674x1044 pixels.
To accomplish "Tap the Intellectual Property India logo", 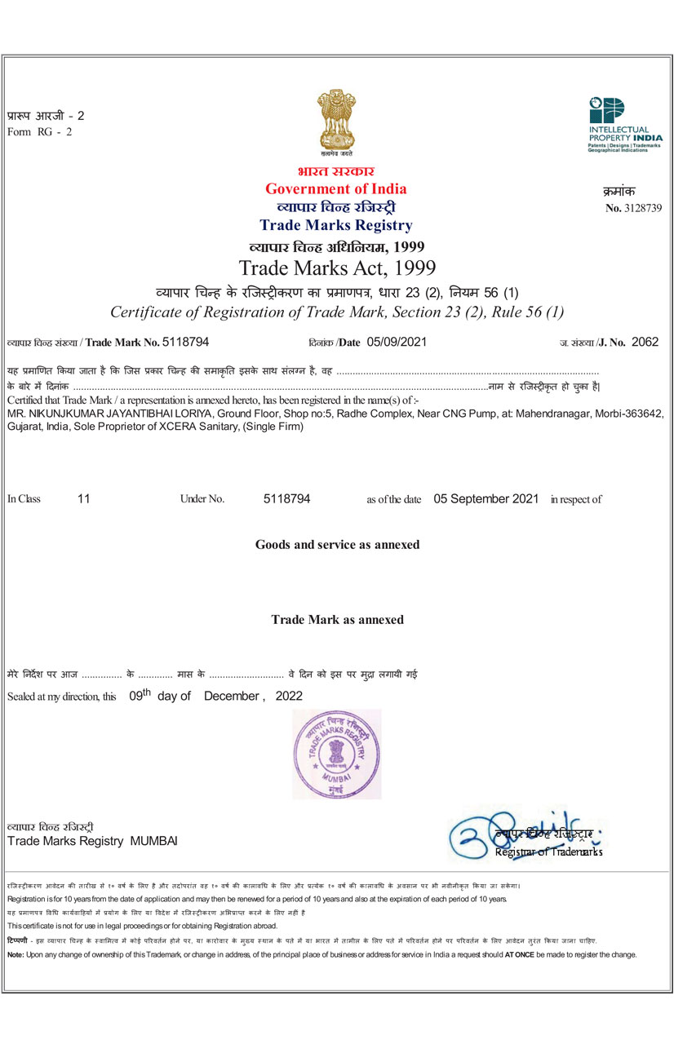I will pyautogui.click(x=624, y=127).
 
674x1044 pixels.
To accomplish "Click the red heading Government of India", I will pyautogui.click(x=335, y=189).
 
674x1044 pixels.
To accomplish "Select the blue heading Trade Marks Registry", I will pyautogui.click(x=335, y=226).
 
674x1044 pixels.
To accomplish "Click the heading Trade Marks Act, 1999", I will pyautogui.click(x=337, y=268).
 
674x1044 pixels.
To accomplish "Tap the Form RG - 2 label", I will pyautogui.click(x=39, y=132).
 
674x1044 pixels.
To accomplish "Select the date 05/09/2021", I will pyautogui.click(x=397, y=343).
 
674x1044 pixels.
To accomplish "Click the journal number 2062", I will pyautogui.click(x=645, y=343).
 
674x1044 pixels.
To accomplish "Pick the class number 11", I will pyautogui.click(x=83, y=498).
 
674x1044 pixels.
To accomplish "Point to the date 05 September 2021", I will pyautogui.click(x=486, y=498).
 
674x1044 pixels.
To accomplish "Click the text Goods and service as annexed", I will pyautogui.click(x=337, y=544).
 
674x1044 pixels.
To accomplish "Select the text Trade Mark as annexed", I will pyautogui.click(x=337, y=620).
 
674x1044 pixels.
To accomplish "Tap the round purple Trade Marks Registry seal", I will pyautogui.click(x=336, y=754).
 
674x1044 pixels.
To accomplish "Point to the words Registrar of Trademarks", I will pyautogui.click(x=548, y=852).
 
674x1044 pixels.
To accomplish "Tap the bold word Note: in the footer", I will pyautogui.click(x=15, y=954).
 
